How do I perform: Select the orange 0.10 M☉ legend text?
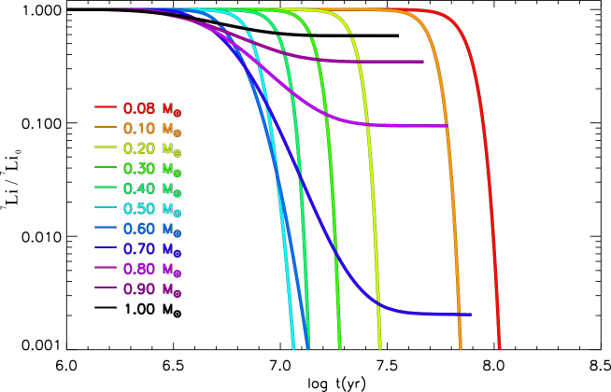pyautogui.click(x=152, y=128)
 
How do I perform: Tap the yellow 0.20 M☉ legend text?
pyautogui.click(x=152, y=148)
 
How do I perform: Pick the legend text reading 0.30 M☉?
pyautogui.click(x=152, y=168)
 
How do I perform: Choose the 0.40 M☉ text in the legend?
pyautogui.click(x=152, y=189)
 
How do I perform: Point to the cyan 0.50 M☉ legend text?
pyautogui.click(x=152, y=208)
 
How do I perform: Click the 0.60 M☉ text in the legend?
pyautogui.click(x=152, y=229)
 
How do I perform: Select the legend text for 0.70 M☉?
pyautogui.click(x=152, y=249)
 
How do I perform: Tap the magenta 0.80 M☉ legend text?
pyautogui.click(x=152, y=269)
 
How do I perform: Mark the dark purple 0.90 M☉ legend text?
pyautogui.click(x=152, y=289)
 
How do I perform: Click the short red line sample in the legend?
pyautogui.click(x=105, y=107)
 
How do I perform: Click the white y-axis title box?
pyautogui.click(x=8, y=176)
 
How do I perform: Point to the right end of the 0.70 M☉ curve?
pyautogui.click(x=470, y=315)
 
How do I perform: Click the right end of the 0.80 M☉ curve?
pyautogui.click(x=447, y=125)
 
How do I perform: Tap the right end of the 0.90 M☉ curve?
pyautogui.click(x=423, y=62)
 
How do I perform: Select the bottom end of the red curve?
pyautogui.click(x=500, y=348)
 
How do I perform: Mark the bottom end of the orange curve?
pyautogui.click(x=461, y=348)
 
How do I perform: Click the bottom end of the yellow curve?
pyautogui.click(x=380, y=348)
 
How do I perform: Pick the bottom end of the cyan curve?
pyautogui.click(x=293, y=348)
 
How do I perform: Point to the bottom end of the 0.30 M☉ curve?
pyautogui.click(x=339, y=348)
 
